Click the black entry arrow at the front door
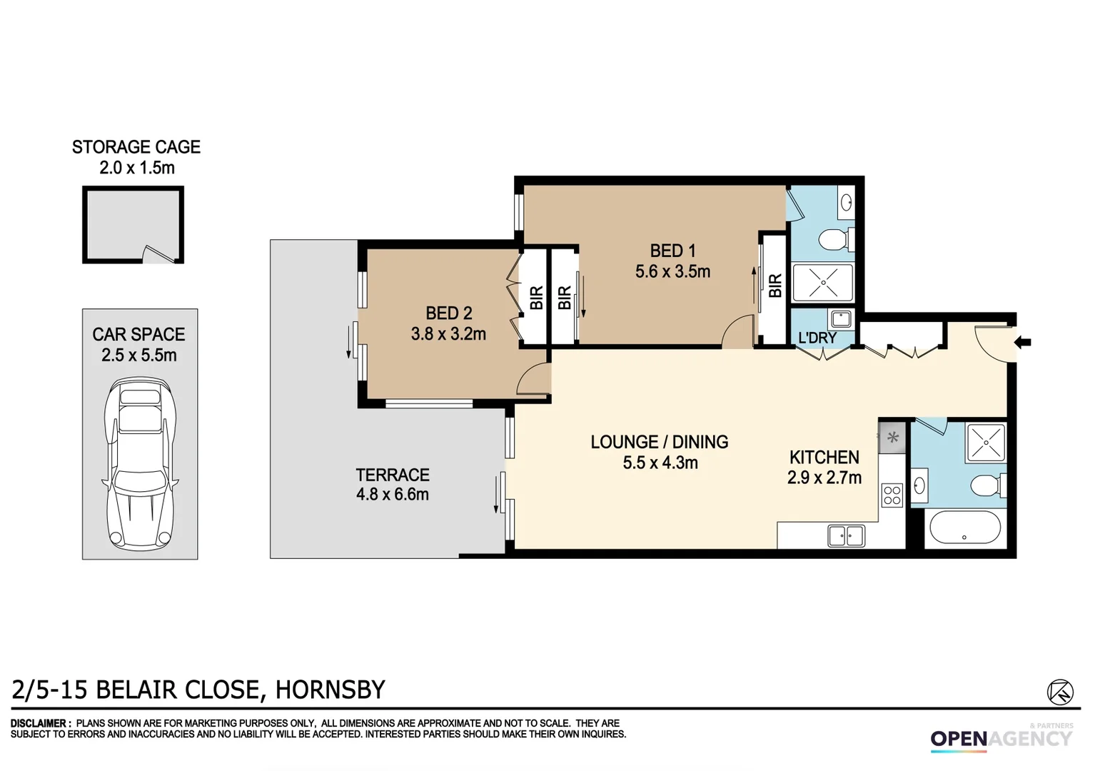[x=1023, y=343]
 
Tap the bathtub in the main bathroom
[x=964, y=528]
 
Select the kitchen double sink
[x=846, y=535]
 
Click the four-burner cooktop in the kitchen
[x=892, y=495]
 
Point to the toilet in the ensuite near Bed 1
[x=834, y=239]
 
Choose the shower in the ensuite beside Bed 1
[x=823, y=283]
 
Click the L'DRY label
[x=817, y=338]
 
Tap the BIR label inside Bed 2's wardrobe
[x=536, y=297]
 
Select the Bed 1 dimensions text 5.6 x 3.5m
[x=672, y=272]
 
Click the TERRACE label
[x=393, y=475]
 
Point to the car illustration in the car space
[x=140, y=463]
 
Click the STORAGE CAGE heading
[x=136, y=147]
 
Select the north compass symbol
[x=1060, y=692]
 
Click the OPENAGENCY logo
[x=1001, y=739]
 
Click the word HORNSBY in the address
[x=330, y=690]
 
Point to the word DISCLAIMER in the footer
[x=40, y=723]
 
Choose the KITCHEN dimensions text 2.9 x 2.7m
[x=824, y=478]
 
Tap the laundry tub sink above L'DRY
[x=841, y=318]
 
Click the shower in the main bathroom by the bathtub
[x=985, y=442]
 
